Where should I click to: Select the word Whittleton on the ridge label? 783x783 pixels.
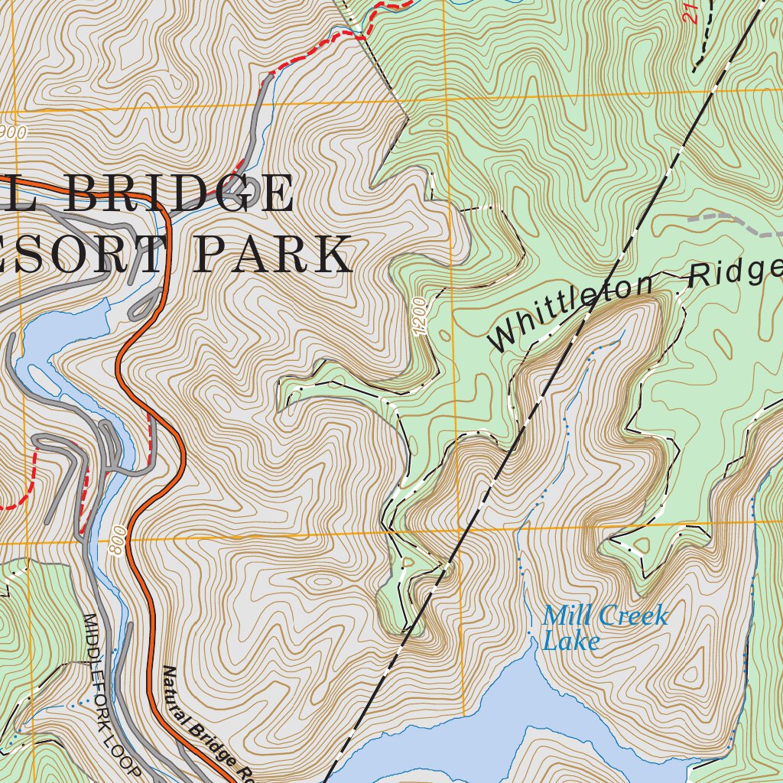571,316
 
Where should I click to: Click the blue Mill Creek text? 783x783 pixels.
605,616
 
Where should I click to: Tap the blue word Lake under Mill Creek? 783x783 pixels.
570,641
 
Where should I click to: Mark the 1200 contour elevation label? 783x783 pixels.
419,315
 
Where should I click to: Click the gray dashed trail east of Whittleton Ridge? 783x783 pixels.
734,221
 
